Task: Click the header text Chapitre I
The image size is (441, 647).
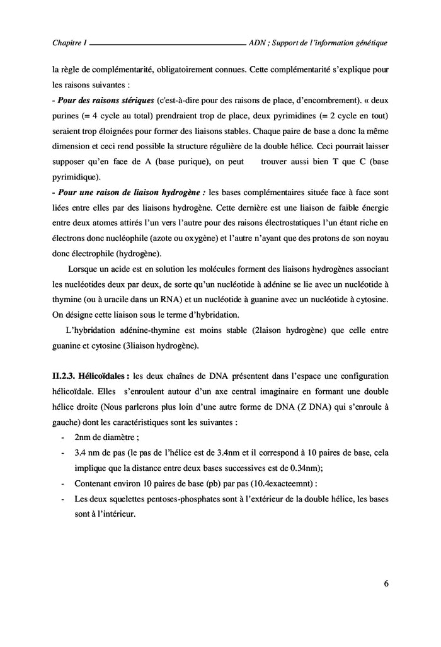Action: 70,43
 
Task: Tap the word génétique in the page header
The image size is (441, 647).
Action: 368,43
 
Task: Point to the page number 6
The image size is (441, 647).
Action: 385,583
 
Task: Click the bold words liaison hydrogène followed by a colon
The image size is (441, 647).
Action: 172,194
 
